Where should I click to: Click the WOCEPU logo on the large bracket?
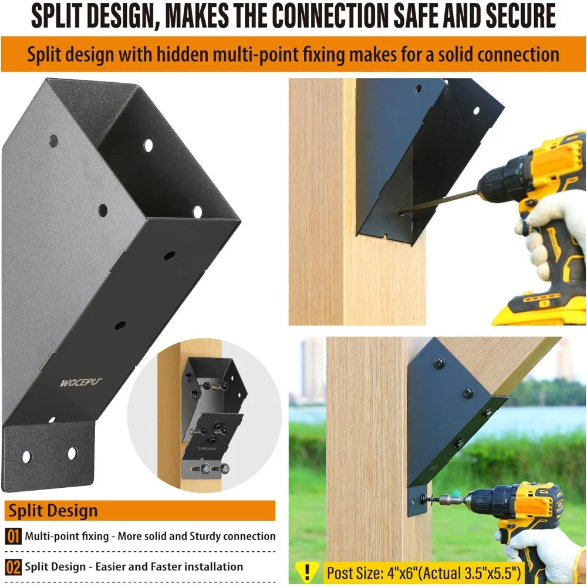coord(81,382)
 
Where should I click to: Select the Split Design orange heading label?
coord(53,510)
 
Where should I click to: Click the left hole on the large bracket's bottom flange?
coord(26,456)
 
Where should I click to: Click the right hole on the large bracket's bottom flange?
coord(72,453)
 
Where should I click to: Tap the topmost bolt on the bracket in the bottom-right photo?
coord(438,363)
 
